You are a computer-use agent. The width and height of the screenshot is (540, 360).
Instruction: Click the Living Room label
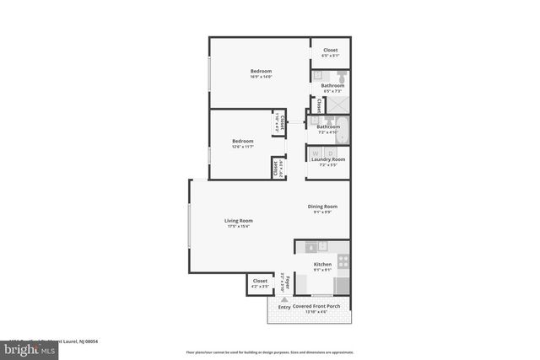click(x=240, y=221)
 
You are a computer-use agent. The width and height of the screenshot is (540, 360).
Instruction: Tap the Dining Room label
click(x=322, y=207)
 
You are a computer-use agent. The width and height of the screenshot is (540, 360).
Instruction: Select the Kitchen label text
click(x=322, y=264)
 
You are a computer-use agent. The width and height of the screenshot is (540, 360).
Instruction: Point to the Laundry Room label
click(x=327, y=159)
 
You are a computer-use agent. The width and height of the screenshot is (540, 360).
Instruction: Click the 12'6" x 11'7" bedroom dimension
click(x=243, y=148)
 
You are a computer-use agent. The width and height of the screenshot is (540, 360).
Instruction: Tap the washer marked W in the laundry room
click(x=316, y=152)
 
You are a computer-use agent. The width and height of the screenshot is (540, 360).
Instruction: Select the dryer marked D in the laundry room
click(x=330, y=152)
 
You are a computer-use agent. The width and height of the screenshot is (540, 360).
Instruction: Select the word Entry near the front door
click(x=283, y=306)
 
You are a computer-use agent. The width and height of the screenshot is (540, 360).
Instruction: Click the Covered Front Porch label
click(x=316, y=306)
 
